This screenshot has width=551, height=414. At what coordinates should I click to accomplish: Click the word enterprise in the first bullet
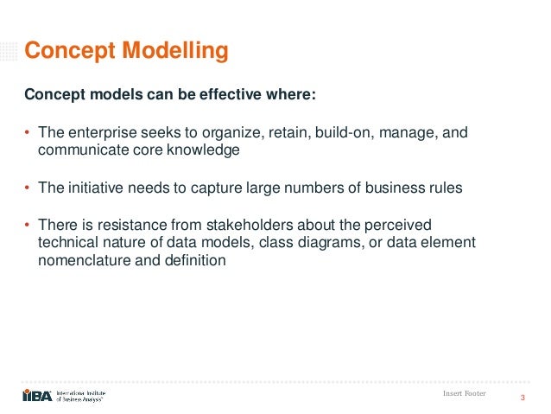(x=96, y=133)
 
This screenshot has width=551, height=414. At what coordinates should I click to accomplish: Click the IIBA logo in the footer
(x=38, y=395)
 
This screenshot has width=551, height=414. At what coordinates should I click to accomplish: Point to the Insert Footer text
(x=463, y=393)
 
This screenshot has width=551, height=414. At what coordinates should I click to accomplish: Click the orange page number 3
(x=522, y=398)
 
